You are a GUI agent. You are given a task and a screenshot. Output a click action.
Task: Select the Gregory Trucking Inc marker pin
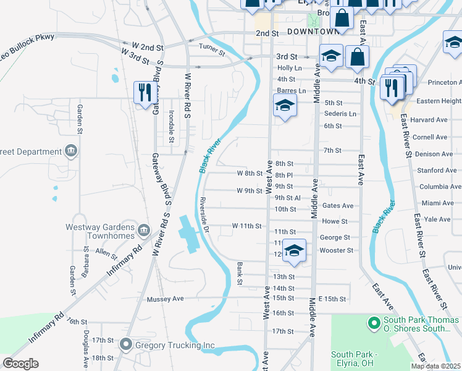[126, 344]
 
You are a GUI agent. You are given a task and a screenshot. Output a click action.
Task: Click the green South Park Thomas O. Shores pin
[373, 322]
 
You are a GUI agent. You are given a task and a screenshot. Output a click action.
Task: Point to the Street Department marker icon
[71, 151]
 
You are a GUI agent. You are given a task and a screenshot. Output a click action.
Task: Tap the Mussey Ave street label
[166, 299]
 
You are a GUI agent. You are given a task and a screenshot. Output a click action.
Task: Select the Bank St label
[240, 273]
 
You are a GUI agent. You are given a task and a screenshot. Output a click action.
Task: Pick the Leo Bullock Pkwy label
[27, 38]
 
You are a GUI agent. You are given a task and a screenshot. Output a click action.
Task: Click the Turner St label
[211, 46]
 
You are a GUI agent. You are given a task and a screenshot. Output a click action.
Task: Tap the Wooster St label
[336, 250]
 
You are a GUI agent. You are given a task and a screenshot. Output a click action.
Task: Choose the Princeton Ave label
[440, 82]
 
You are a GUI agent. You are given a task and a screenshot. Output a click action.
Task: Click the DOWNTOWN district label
[314, 31]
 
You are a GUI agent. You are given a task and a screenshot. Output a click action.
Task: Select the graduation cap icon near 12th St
[294, 250]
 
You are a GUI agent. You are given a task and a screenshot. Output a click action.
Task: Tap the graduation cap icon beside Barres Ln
[285, 105]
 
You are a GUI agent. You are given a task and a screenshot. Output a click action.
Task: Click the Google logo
[21, 364]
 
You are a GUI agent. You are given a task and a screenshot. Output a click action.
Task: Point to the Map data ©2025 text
[435, 366]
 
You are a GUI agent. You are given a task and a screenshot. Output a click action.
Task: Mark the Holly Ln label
[289, 67]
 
